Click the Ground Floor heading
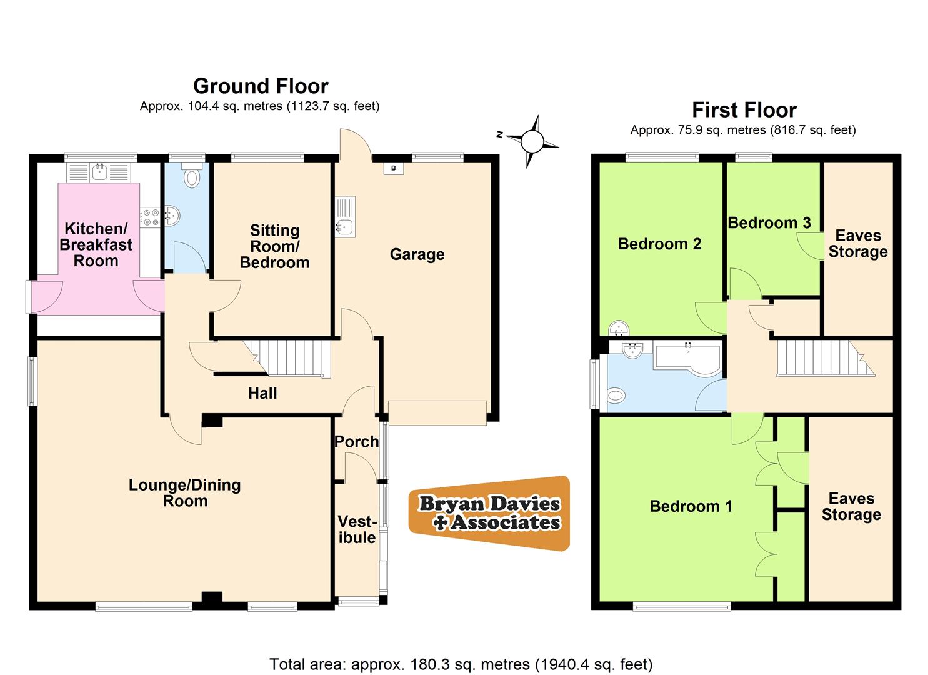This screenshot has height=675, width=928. (261, 86)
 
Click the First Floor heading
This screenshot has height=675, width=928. (744, 110)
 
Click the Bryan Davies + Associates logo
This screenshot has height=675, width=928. (489, 513)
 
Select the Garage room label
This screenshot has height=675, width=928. (417, 254)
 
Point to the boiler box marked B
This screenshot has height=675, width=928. (394, 168)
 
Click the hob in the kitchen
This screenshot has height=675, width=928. (150, 216)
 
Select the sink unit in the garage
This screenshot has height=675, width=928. (345, 217)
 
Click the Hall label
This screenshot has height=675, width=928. (262, 393)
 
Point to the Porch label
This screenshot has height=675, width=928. (356, 441)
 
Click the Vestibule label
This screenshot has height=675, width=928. (357, 529)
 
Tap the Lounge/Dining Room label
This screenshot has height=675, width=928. (185, 492)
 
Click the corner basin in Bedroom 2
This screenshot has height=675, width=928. (618, 327)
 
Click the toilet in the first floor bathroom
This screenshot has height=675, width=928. (616, 395)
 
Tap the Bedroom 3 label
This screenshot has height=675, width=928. (769, 223)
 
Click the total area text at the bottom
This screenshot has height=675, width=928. (461, 664)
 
